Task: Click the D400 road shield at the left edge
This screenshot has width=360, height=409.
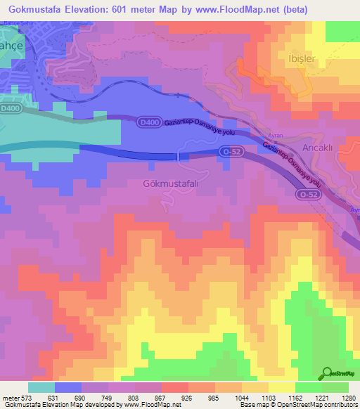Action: pyautogui.click(x=10, y=109)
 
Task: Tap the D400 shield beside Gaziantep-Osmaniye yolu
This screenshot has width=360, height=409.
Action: pyautogui.click(x=145, y=122)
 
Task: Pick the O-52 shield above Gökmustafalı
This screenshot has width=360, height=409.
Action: pyautogui.click(x=226, y=151)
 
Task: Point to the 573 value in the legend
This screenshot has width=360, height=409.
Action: pyautogui.click(x=25, y=397)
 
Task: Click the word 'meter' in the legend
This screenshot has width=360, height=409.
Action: pyautogui.click(x=9, y=397)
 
